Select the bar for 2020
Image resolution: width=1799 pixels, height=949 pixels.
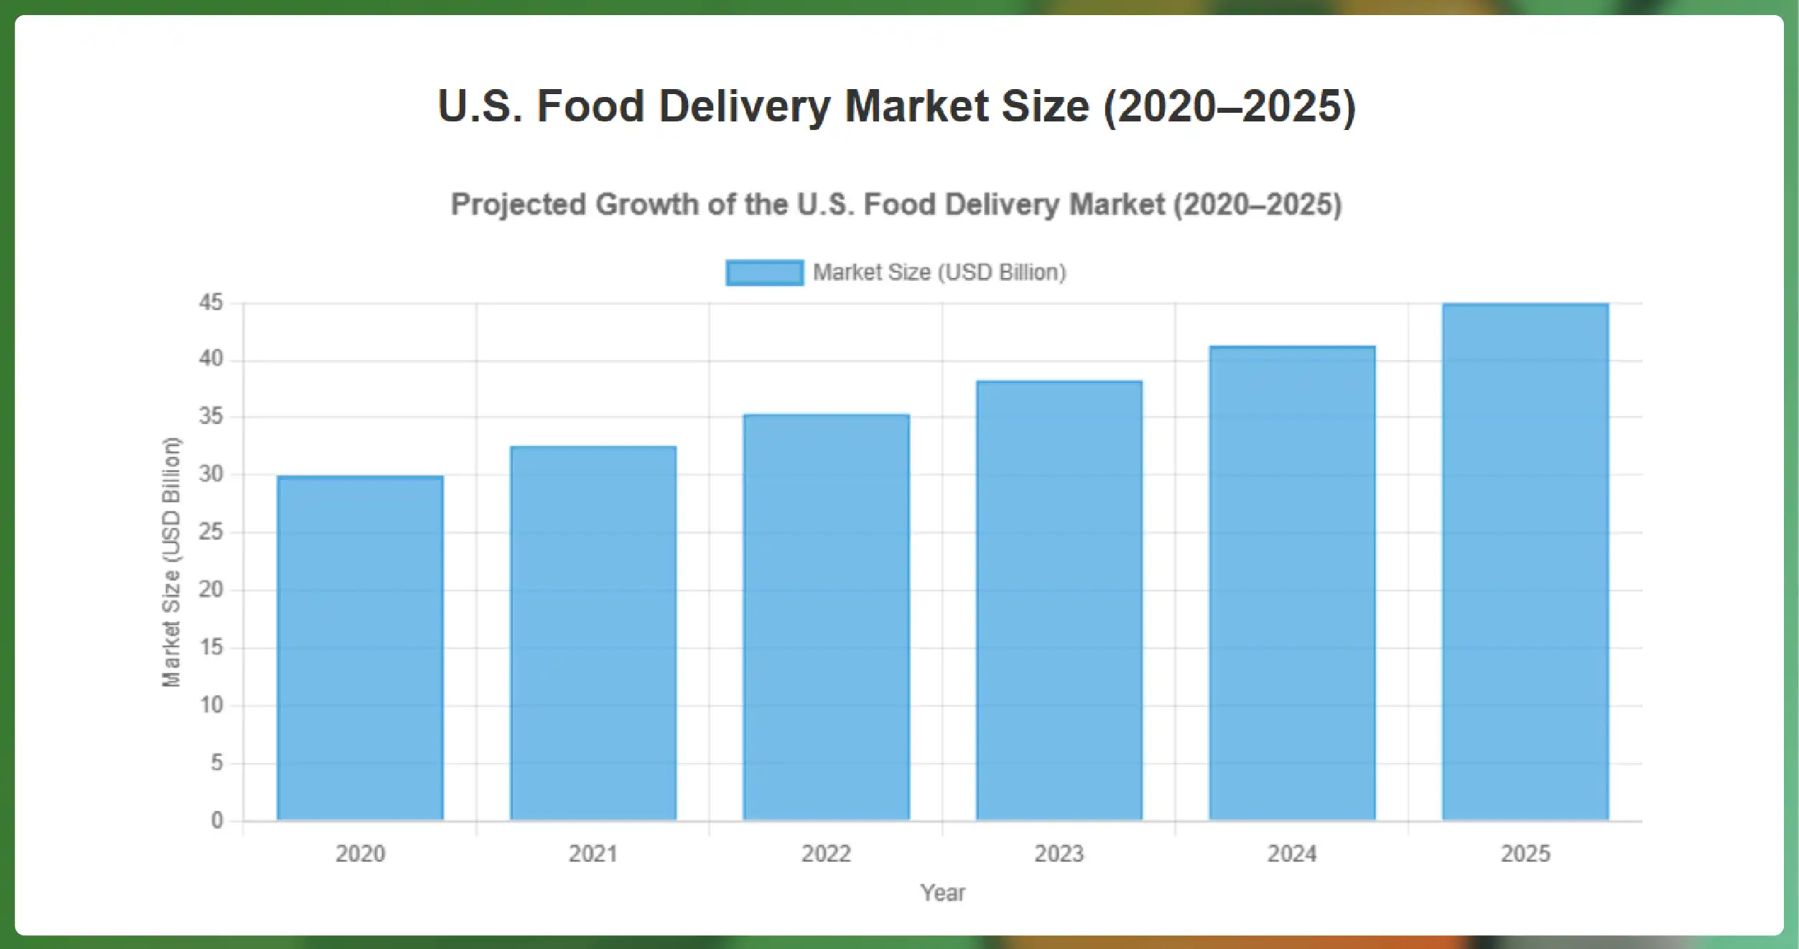pyautogui.click(x=360, y=647)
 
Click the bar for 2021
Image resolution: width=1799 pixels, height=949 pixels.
pyautogui.click(x=593, y=632)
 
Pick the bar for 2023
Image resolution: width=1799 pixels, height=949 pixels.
pyautogui.click(x=1059, y=600)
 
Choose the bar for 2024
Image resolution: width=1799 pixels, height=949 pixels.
pyautogui.click(x=1292, y=583)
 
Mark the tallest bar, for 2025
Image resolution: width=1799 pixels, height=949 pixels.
pyautogui.click(x=1525, y=561)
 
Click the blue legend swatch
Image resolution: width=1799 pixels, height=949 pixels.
pyautogui.click(x=764, y=273)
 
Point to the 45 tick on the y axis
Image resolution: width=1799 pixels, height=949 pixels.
pyautogui.click(x=211, y=302)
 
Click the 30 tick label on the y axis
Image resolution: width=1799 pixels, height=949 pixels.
pyautogui.click(x=211, y=474)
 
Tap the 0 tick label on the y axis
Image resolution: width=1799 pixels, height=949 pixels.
pyautogui.click(x=217, y=820)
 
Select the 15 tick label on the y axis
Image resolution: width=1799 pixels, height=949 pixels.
pyautogui.click(x=211, y=647)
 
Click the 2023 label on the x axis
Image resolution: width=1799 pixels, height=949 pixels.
pyautogui.click(x=1059, y=853)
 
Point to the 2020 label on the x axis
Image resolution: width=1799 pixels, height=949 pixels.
pyautogui.click(x=360, y=853)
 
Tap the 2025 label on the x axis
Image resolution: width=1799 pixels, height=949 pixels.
pyautogui.click(x=1525, y=853)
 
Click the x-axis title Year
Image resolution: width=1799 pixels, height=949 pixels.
pyautogui.click(x=942, y=893)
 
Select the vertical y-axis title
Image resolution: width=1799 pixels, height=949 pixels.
pyautogui.click(x=171, y=562)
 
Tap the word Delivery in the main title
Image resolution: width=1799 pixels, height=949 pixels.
pyautogui.click(x=744, y=106)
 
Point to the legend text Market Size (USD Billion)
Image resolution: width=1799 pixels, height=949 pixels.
pyautogui.click(x=939, y=272)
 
